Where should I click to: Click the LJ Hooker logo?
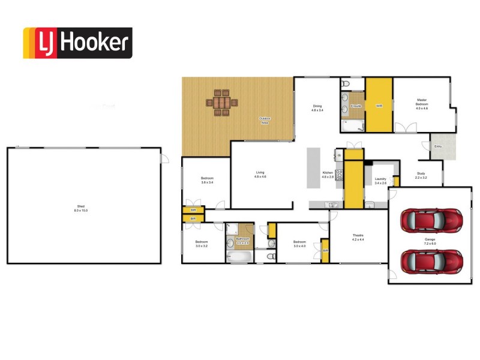[77, 43]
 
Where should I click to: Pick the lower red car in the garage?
[431, 261]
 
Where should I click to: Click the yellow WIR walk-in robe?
[379, 106]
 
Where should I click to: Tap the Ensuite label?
[356, 106]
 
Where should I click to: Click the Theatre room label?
[358, 237]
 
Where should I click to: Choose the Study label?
[421, 176]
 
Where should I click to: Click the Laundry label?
[380, 181]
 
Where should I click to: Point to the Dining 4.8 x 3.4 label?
[317, 108]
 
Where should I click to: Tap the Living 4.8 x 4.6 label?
[260, 175]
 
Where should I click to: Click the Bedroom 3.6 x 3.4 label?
[207, 180]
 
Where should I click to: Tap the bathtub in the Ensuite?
[352, 126]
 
